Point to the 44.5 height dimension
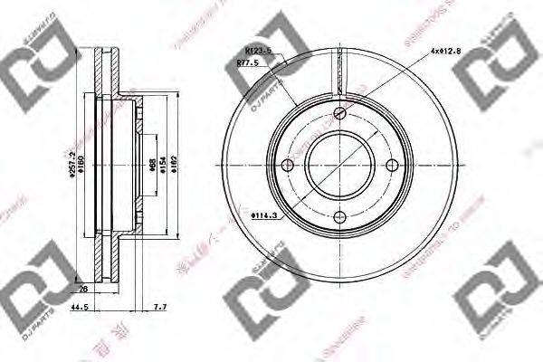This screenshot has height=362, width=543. coord(81,309)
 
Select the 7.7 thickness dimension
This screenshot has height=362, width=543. coord(160,309)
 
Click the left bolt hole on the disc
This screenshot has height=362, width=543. coord(288,165)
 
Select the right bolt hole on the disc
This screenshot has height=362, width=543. coord(391,165)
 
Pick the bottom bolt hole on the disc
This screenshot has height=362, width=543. coord(339,216)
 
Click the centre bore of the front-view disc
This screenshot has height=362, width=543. coord(339,165)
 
